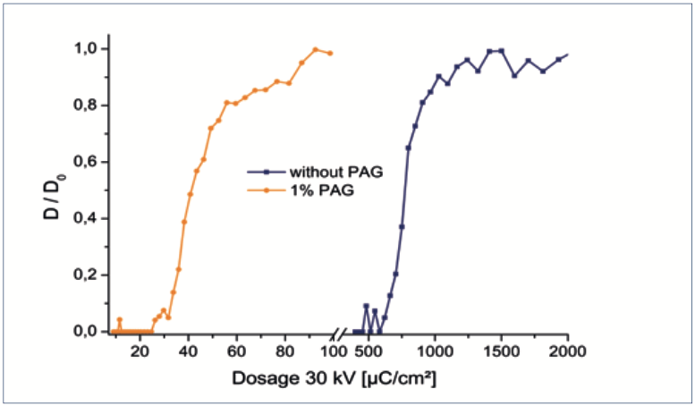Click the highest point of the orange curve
click(315, 49)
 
